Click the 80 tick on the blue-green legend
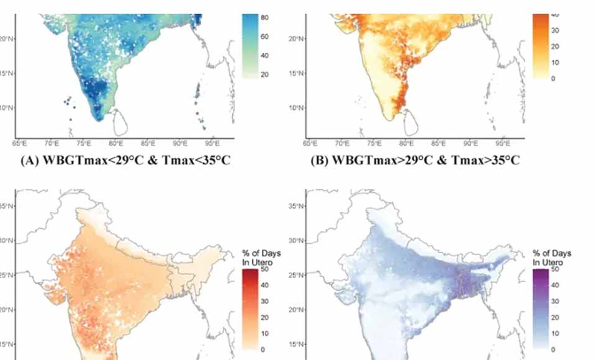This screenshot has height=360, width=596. point(264,17)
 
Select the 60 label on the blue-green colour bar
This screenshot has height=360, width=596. point(264,37)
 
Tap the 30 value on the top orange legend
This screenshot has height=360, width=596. point(556,30)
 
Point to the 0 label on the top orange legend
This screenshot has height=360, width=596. point(554,79)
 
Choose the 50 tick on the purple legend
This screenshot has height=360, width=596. point(555,269)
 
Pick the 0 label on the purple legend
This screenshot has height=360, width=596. point(553,349)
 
